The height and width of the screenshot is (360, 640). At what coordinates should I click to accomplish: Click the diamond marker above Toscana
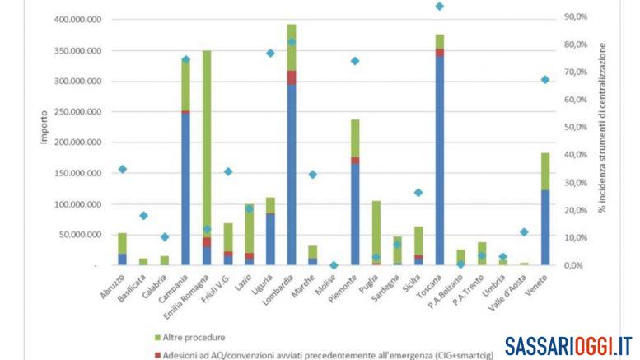(x=440, y=7)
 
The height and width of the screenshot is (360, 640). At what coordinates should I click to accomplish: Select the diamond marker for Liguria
(x=270, y=53)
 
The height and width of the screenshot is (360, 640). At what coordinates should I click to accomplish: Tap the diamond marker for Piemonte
(x=355, y=61)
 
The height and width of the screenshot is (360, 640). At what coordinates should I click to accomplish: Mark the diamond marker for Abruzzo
(x=122, y=169)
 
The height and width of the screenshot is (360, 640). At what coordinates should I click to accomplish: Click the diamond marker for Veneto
(x=544, y=80)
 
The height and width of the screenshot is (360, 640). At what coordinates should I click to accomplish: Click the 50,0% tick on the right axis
(x=575, y=127)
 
